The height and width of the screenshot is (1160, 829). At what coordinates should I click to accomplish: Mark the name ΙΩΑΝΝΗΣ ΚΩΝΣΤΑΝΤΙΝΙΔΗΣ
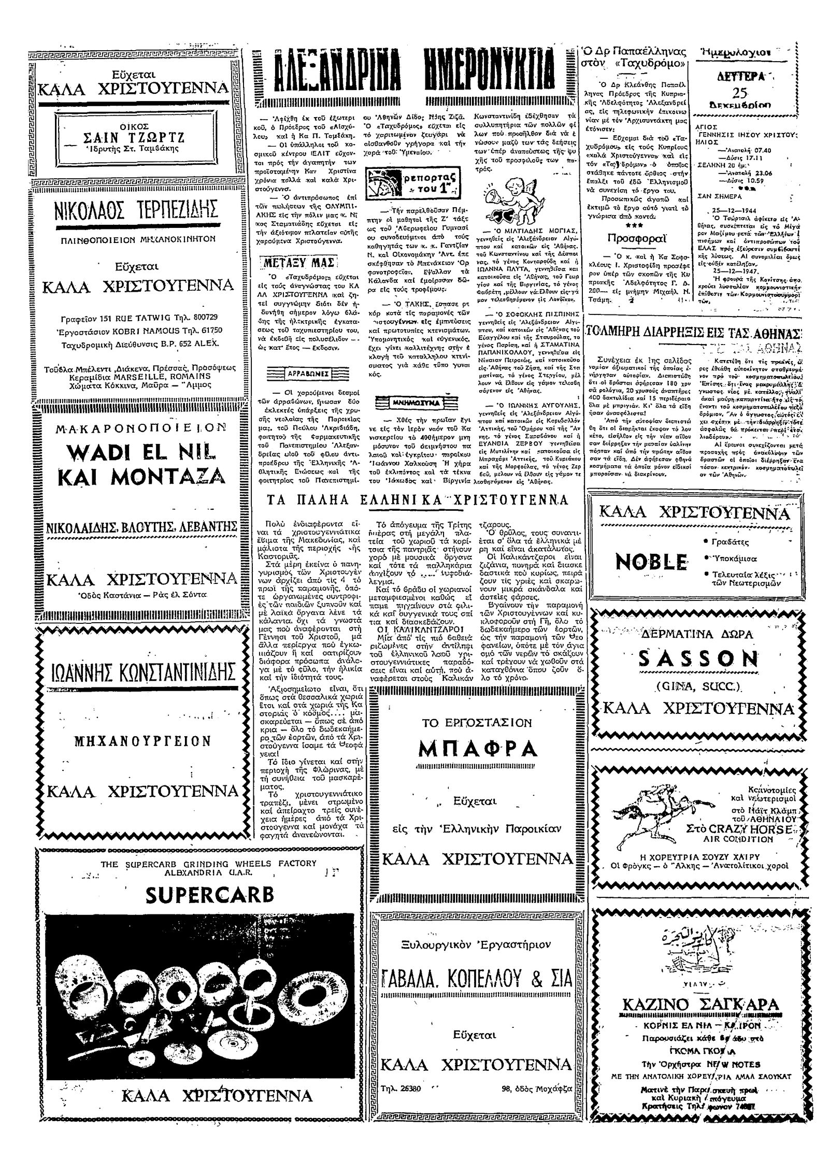(137, 672)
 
